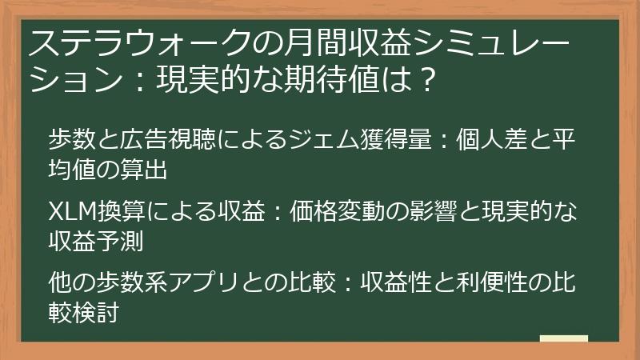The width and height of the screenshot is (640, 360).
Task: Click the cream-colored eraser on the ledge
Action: (563, 339)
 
